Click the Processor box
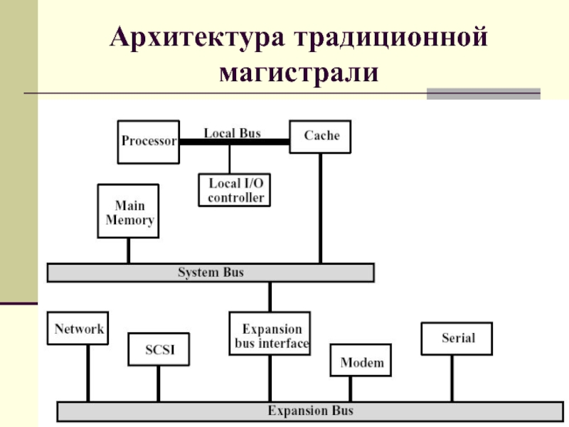pos(149,142)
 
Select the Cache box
pos(320,137)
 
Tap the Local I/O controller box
pos(235,190)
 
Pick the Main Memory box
pos(128,211)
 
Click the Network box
pos(78,328)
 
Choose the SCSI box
pos(159,349)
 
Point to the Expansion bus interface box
pos(270,333)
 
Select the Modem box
pos(361,360)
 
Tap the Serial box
pos(457,339)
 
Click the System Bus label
pos(211,273)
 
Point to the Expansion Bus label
pos(310,411)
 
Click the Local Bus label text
pos(233,133)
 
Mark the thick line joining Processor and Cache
pos(235,142)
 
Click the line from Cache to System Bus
pos(321,208)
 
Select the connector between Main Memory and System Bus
pos(129,251)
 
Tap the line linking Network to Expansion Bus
pos(87,373)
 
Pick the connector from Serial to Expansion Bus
pos(452,379)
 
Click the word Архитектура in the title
pos(198,38)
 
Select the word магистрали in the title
pos(299,73)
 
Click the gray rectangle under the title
pos(484,94)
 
